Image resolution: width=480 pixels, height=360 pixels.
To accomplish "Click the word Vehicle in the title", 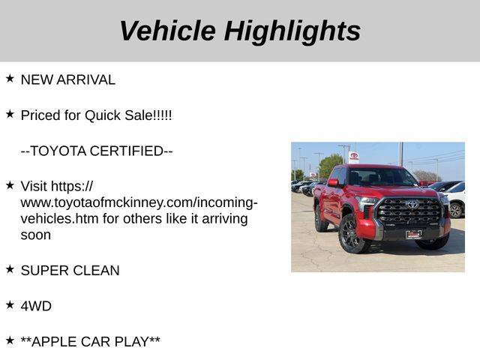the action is tap(168, 31).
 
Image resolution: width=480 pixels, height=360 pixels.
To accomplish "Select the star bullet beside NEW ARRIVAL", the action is tap(10, 79).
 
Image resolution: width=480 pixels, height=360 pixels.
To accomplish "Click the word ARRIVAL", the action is tap(85, 79).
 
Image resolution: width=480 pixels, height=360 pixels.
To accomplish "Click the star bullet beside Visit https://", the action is tap(10, 185).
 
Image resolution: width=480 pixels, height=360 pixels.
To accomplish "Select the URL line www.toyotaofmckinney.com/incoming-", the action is tap(139, 202).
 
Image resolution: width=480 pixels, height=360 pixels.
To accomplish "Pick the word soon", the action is tap(36, 235).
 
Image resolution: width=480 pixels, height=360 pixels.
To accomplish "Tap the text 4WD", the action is tap(36, 306).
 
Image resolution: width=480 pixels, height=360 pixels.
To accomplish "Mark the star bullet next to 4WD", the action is tap(10, 305).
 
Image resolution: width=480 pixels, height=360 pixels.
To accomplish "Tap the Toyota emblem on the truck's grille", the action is tap(412, 204).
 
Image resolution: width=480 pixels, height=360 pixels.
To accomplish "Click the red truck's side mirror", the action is tap(333, 183).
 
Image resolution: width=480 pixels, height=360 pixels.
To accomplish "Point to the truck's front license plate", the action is tap(414, 235).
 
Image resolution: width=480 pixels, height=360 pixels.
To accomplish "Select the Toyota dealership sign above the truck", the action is tap(353, 157).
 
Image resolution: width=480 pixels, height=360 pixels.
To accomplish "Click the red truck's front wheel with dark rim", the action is tap(352, 234).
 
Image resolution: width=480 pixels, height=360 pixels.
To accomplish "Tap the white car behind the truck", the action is tap(455, 199).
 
